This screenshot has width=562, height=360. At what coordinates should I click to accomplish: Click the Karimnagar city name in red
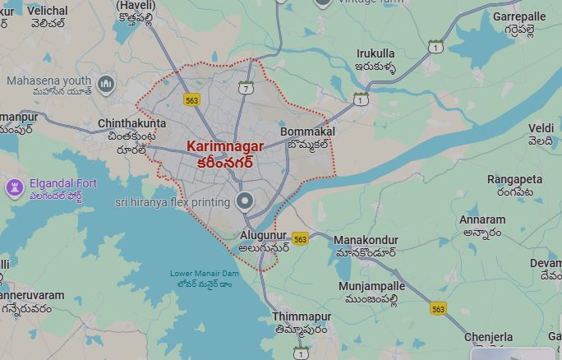225,146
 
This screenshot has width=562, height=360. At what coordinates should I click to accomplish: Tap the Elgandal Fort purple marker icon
14,188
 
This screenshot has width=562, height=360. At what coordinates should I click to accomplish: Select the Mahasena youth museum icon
105,84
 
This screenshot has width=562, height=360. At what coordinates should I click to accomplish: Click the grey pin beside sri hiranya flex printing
244,201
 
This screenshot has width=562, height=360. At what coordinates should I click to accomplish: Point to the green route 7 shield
246,88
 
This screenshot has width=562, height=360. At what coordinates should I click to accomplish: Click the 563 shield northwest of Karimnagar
192,99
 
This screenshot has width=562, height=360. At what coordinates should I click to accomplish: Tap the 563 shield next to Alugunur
300,239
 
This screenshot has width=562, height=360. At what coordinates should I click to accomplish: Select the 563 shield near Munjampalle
438,309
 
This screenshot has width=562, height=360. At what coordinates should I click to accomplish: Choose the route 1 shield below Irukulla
360,99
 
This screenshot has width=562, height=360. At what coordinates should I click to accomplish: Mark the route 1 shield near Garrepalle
435,47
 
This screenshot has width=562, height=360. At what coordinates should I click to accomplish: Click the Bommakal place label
307,132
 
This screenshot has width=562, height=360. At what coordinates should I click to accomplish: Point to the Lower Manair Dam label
205,274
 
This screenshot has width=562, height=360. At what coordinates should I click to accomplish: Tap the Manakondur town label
366,240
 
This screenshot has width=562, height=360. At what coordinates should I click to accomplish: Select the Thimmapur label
302,317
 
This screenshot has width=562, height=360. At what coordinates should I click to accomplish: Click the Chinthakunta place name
131,123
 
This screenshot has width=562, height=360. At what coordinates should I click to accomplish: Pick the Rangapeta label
514,179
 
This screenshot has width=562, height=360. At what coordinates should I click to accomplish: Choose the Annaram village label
482,220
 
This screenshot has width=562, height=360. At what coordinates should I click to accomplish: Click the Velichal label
47,12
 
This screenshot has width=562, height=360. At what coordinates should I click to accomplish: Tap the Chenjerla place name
488,338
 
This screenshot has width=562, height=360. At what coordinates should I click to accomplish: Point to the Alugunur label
263,236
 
